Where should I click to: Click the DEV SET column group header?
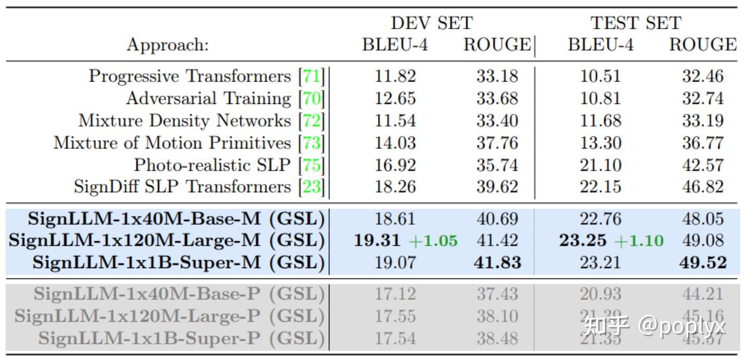(431, 23)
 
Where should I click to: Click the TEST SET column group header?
(636, 23)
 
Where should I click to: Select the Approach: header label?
(167, 45)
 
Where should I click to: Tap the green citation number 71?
(312, 76)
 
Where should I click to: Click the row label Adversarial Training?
(208, 98)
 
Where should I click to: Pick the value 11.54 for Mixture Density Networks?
(395, 121)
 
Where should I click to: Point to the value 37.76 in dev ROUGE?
(497, 143)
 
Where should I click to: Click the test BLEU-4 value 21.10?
(601, 165)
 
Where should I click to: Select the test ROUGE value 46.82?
(703, 187)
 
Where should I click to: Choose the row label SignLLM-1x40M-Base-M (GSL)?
(176, 218)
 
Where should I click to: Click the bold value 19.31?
(377, 240)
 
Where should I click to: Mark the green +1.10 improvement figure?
(639, 241)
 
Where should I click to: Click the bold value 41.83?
(497, 262)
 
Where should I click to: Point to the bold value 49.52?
(703, 262)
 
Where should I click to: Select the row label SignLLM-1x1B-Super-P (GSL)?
(181, 338)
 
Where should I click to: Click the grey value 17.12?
(395, 294)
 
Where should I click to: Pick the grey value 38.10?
(497, 316)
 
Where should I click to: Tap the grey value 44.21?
(703, 294)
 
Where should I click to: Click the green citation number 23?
(312, 187)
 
